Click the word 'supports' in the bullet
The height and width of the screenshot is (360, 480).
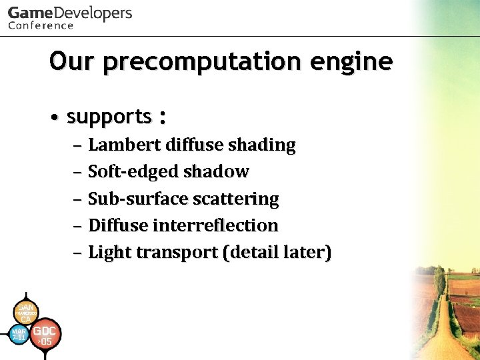click(109, 117)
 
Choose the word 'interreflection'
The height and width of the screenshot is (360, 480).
click(215, 225)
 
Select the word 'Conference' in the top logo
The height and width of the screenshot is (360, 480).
click(41, 25)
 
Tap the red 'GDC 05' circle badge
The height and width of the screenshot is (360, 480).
click(45, 335)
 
